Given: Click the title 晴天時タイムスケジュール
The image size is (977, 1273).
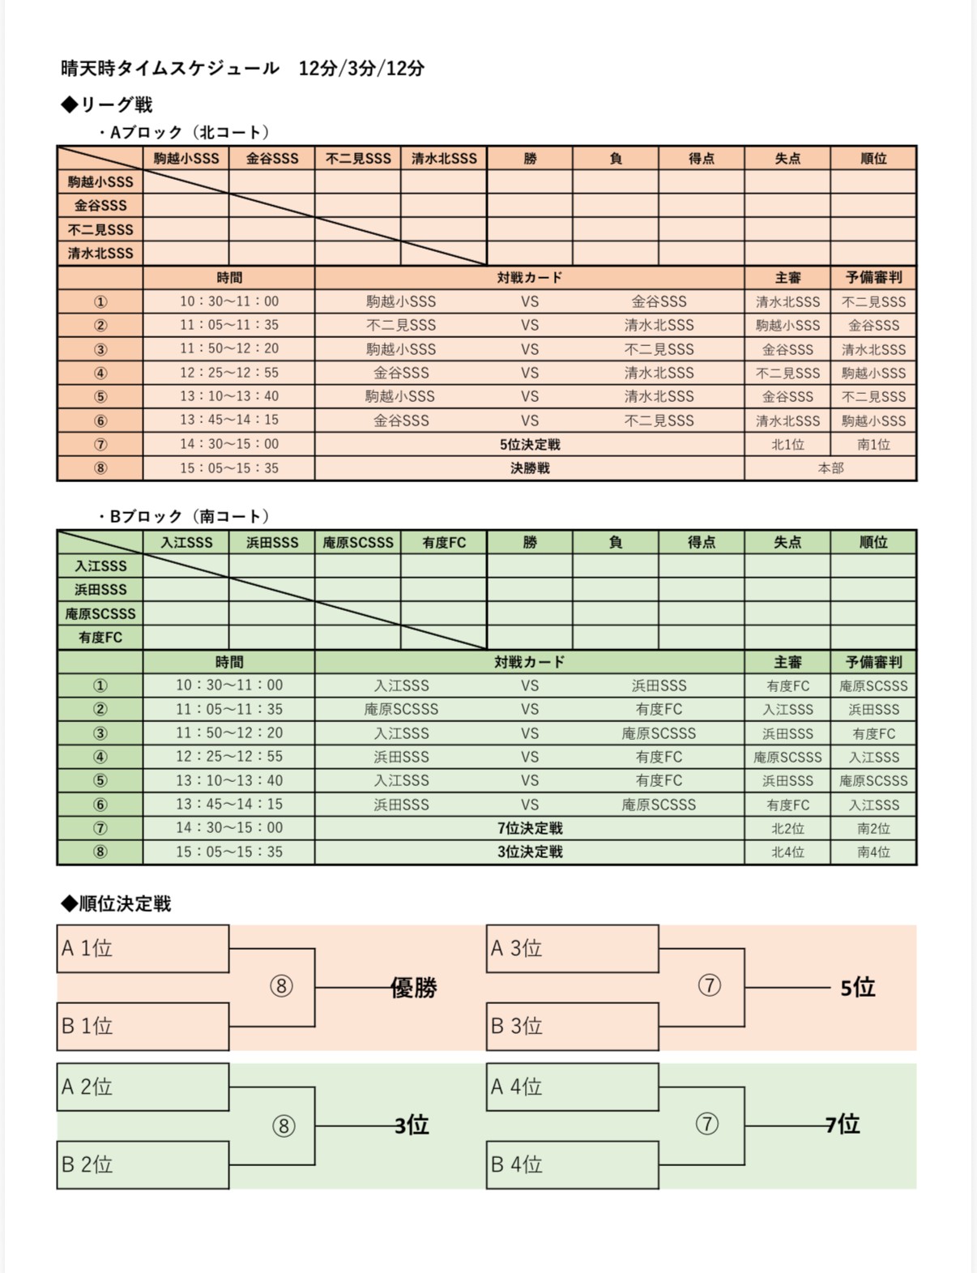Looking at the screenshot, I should click(170, 68).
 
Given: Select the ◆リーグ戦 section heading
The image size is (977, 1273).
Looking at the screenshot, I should click(107, 105).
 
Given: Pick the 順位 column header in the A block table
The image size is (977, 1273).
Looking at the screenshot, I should click(873, 159).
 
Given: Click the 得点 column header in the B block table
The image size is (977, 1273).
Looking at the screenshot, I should click(701, 543).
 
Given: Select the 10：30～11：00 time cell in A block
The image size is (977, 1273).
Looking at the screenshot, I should click(229, 301).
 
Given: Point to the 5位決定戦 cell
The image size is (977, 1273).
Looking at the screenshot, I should click(530, 444).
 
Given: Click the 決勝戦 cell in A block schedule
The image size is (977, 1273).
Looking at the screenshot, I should click(530, 468).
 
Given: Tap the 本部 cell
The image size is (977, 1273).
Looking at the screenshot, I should click(830, 468).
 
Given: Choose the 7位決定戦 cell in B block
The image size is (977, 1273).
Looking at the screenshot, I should click(530, 828).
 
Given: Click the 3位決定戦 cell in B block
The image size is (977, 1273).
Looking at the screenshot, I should click(530, 852).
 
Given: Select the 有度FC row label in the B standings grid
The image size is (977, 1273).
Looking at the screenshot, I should click(100, 638).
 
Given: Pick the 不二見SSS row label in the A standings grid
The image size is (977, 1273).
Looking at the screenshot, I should click(100, 229).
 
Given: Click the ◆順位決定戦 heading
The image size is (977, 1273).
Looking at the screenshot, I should click(116, 903).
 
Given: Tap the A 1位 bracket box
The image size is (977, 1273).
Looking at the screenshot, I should click(143, 948).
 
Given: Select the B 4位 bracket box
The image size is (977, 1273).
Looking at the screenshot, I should click(572, 1164).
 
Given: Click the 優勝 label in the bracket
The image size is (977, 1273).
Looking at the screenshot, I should click(414, 988).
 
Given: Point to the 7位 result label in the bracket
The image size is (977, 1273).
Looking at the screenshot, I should click(843, 1125).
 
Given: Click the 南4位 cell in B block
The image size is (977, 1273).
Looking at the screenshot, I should click(873, 852).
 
